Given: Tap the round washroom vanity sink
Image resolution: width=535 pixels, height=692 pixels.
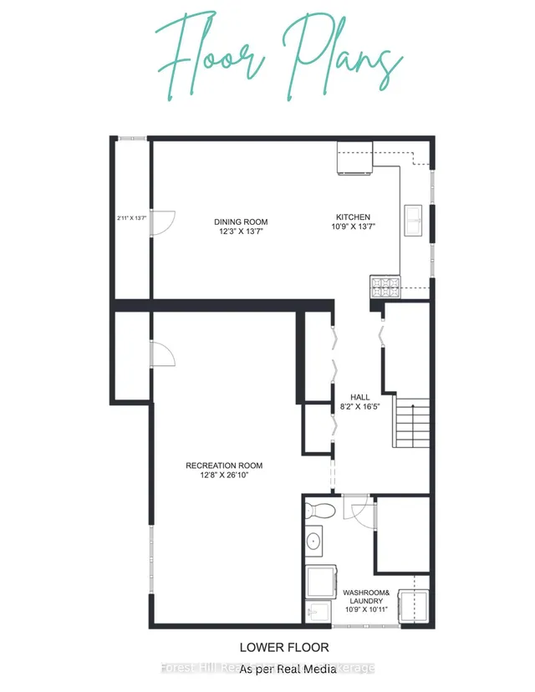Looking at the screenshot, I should (313, 541).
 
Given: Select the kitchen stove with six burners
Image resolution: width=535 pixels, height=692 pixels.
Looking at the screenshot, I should (385, 287).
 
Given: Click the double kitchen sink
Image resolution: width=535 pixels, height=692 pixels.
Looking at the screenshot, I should (415, 221).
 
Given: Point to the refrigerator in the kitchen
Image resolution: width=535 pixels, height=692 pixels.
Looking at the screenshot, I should (355, 158).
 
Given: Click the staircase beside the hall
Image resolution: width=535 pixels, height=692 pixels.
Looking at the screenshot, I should (411, 425).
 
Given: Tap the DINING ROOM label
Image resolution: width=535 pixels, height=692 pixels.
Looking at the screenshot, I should (240, 221).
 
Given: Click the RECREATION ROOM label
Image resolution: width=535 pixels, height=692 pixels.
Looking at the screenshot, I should (224, 466).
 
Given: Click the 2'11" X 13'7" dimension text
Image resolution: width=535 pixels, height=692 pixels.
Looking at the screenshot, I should (131, 219).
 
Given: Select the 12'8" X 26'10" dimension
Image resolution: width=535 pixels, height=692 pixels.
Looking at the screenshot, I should (224, 476).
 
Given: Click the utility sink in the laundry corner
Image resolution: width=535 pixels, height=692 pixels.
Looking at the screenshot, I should (317, 612).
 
